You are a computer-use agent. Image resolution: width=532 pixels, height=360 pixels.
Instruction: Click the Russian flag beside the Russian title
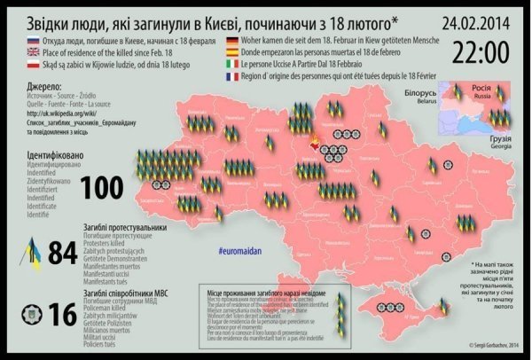coord(17,42)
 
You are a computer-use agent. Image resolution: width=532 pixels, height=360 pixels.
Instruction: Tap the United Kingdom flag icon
coord(17,53)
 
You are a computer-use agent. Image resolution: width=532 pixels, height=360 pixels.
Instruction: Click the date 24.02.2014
coord(476,18)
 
